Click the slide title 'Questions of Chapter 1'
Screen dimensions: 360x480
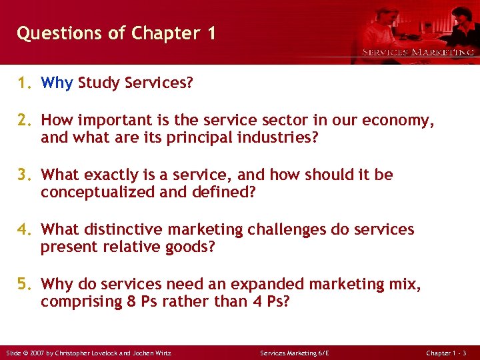[x=116, y=33]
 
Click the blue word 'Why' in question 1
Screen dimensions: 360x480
[x=57, y=83]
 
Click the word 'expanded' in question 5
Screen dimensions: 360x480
[x=248, y=285]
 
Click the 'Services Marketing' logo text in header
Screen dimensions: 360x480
[x=418, y=52]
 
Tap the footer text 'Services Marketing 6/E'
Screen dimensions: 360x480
[x=294, y=353]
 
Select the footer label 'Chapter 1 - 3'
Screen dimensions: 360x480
[x=451, y=353]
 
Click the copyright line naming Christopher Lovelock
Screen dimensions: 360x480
[x=89, y=353]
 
